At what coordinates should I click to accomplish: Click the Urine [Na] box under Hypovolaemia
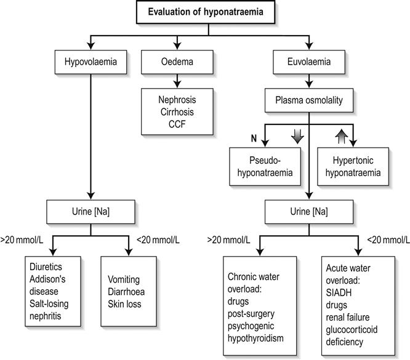[x=91, y=212]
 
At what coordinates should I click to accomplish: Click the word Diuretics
[x=47, y=266]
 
